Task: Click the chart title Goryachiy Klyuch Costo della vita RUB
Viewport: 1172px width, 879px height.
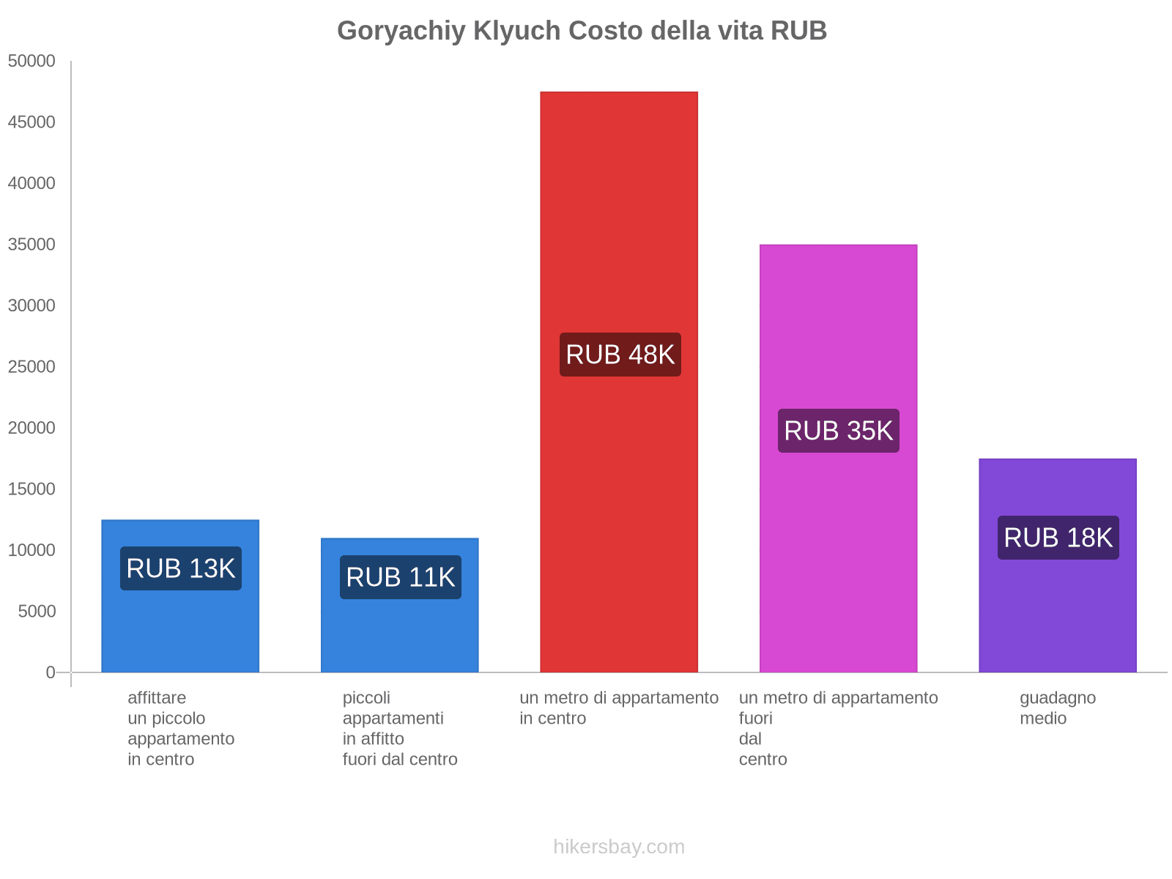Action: [582, 31]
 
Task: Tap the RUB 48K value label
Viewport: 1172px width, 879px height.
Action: [620, 355]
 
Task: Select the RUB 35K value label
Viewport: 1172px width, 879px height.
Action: [838, 431]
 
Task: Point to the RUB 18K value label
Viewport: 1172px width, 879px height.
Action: [1058, 538]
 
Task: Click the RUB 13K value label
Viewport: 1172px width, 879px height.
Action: [180, 568]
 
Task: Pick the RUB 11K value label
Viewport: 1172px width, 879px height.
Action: [400, 577]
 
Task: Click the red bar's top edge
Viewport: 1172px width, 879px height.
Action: [619, 93]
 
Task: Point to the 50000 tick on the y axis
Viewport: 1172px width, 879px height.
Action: [31, 62]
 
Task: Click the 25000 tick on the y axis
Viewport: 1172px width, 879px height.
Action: [31, 367]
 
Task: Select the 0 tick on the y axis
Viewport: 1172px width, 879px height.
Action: [51, 672]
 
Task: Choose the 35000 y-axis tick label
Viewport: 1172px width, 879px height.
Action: [31, 245]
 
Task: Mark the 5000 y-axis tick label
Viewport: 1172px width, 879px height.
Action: [37, 612]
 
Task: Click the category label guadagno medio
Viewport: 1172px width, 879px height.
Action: [1058, 708]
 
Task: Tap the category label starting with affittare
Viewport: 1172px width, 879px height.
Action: [180, 728]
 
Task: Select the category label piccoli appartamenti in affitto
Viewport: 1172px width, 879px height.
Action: [400, 728]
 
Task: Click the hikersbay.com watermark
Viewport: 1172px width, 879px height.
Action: [619, 847]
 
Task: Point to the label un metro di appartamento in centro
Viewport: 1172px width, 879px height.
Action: [619, 708]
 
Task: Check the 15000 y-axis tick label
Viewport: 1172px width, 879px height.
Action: [31, 489]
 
